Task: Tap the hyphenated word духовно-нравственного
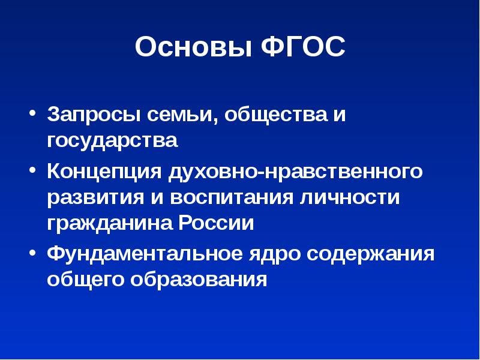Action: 295,172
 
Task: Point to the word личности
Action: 348,199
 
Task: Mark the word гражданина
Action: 109,224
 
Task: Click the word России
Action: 217,224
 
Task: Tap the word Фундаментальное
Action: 143,253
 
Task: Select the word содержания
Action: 370,253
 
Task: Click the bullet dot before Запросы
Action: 32,114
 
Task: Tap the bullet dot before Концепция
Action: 32,171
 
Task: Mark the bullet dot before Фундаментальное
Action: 32,252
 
